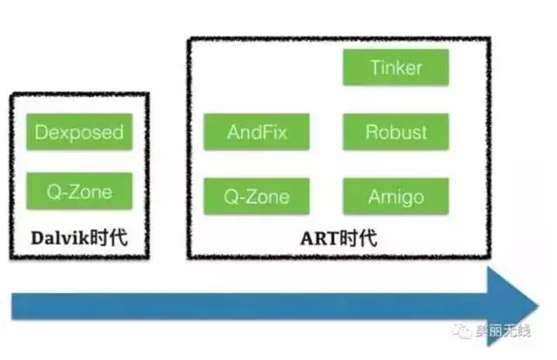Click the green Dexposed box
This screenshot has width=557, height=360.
79,133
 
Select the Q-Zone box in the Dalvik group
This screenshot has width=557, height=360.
79,191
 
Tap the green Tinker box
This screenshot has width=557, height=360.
396,67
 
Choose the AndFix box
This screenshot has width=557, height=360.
257,132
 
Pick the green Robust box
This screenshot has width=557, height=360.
396,132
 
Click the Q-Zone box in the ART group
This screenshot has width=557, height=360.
257,196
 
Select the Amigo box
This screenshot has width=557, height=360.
396,196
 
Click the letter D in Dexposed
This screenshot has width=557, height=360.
40,133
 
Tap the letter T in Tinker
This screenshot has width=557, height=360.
373,67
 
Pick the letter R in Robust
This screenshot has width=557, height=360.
372,132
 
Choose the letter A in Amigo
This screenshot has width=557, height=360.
374,196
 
